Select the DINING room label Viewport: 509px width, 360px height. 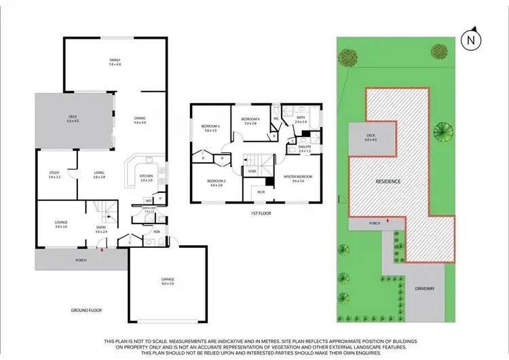pos(140,120)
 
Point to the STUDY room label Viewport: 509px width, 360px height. pos(54,174)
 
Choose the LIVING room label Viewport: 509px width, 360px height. pos(99,174)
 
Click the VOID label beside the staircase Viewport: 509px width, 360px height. pos(252,171)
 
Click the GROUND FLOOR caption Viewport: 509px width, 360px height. pos(86,310)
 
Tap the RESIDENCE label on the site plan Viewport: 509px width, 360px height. pos(390,182)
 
